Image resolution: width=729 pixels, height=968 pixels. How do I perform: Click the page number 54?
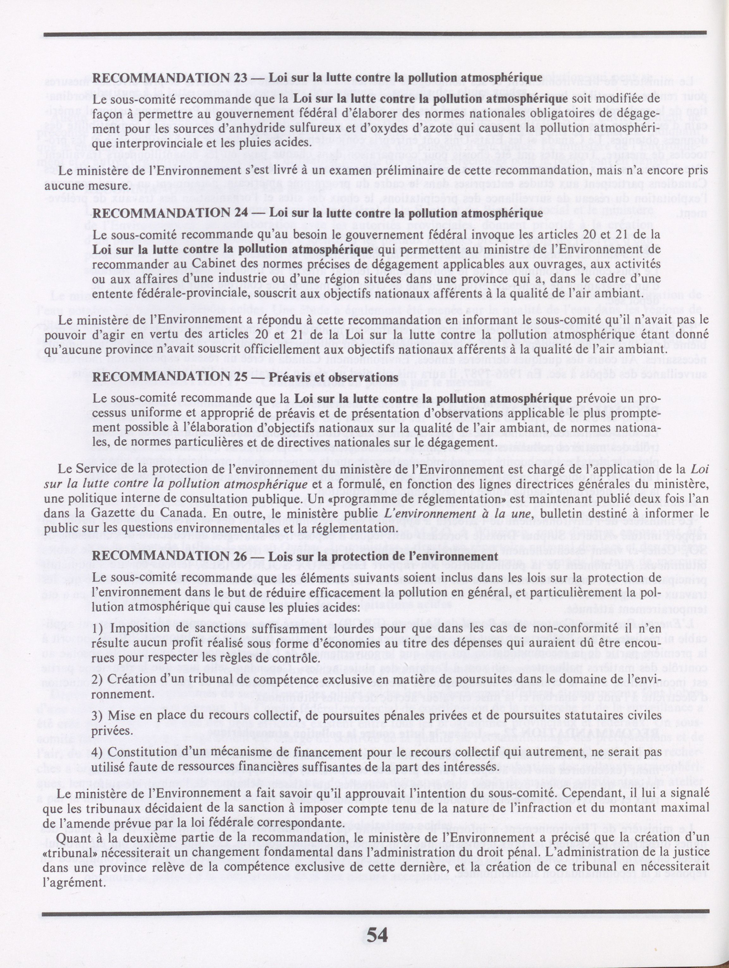(x=377, y=933)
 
